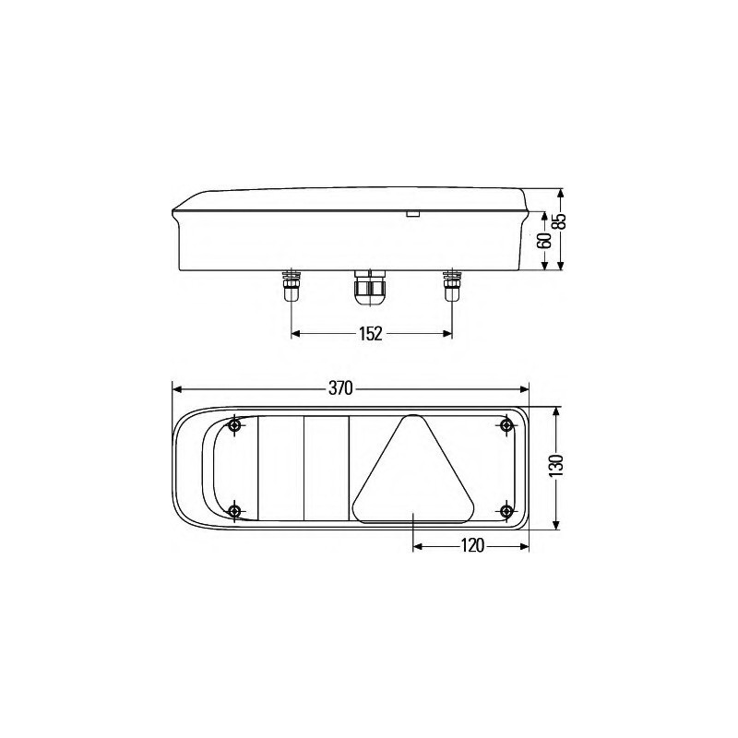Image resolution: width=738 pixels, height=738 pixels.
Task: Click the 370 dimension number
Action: pos(340,389)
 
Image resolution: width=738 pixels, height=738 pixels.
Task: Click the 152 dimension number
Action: pos(370,334)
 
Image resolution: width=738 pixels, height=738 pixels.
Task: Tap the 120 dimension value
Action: pos(470,546)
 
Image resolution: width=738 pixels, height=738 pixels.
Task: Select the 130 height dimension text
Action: pos(554,467)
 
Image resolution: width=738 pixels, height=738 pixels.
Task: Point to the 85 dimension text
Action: pos(559,220)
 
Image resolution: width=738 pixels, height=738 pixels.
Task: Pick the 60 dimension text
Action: pos(544,241)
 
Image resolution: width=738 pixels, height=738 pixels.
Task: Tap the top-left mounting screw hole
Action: pos(235,425)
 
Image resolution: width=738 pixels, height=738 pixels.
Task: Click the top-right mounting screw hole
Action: pos(506,425)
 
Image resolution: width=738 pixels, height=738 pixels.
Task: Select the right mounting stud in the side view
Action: pos(451,288)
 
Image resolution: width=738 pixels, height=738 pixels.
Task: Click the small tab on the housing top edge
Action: pos(412,216)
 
